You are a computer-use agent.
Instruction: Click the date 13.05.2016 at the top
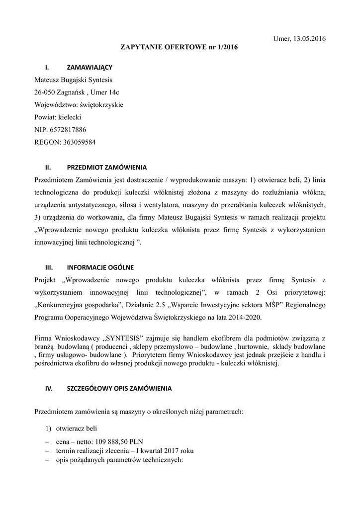[x=310, y=39]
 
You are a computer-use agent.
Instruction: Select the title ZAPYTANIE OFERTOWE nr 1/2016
[x=180, y=48]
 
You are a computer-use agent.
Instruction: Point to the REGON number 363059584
[x=80, y=142]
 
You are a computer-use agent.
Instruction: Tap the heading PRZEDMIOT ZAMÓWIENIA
[x=107, y=167]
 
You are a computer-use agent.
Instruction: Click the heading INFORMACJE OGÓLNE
[x=100, y=267]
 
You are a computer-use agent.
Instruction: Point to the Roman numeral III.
[x=49, y=267]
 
